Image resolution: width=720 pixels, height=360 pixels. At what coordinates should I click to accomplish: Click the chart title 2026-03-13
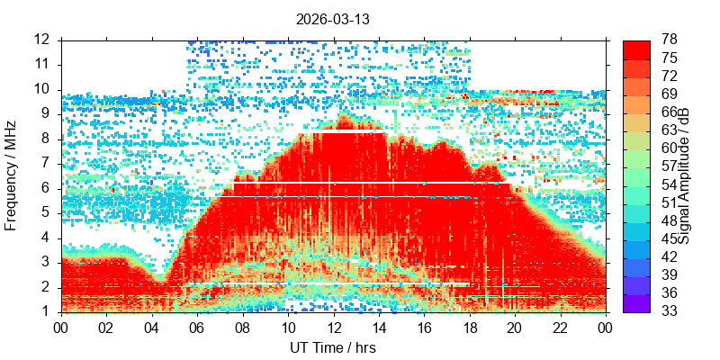(332, 20)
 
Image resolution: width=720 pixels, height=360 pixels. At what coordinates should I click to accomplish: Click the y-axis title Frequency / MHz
(10, 175)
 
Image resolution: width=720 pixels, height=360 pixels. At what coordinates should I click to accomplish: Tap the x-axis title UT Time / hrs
(333, 348)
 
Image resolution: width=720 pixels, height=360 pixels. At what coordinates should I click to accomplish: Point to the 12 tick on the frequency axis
(49, 40)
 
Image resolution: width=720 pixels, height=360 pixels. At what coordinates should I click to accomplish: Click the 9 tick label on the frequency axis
(51, 115)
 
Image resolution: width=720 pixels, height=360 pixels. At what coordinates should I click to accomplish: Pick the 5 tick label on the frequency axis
(51, 214)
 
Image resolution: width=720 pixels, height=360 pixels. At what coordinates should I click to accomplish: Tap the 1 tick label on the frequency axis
(51, 312)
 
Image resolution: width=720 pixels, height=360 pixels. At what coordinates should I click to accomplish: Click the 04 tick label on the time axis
(152, 328)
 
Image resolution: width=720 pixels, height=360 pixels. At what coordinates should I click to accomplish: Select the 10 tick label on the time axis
(288, 328)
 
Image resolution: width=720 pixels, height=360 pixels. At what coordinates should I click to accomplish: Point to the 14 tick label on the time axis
(379, 328)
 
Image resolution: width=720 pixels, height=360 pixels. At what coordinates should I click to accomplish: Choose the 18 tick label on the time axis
(470, 328)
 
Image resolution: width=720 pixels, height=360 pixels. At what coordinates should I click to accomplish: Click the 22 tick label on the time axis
(561, 328)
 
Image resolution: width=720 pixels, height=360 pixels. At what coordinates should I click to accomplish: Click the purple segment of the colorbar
(636, 303)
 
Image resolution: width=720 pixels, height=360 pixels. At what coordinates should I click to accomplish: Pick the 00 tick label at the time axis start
(61, 328)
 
